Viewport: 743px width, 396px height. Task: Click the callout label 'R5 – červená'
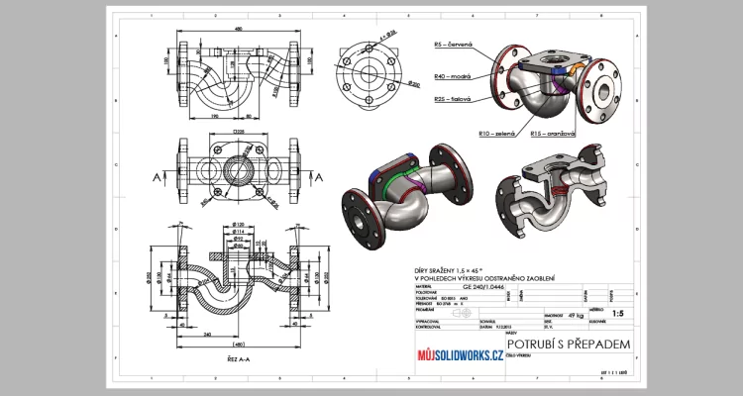pyautogui.click(x=454, y=45)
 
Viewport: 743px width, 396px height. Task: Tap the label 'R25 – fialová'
pyautogui.click(x=454, y=99)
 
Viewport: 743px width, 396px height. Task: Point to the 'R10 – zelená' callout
pyautogui.click(x=498, y=133)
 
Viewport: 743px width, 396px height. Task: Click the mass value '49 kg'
pyautogui.click(x=561, y=314)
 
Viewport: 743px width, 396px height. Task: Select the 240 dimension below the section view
pyautogui.click(x=204, y=335)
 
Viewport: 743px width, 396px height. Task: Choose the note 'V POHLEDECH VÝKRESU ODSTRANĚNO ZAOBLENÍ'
pyautogui.click(x=484, y=277)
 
